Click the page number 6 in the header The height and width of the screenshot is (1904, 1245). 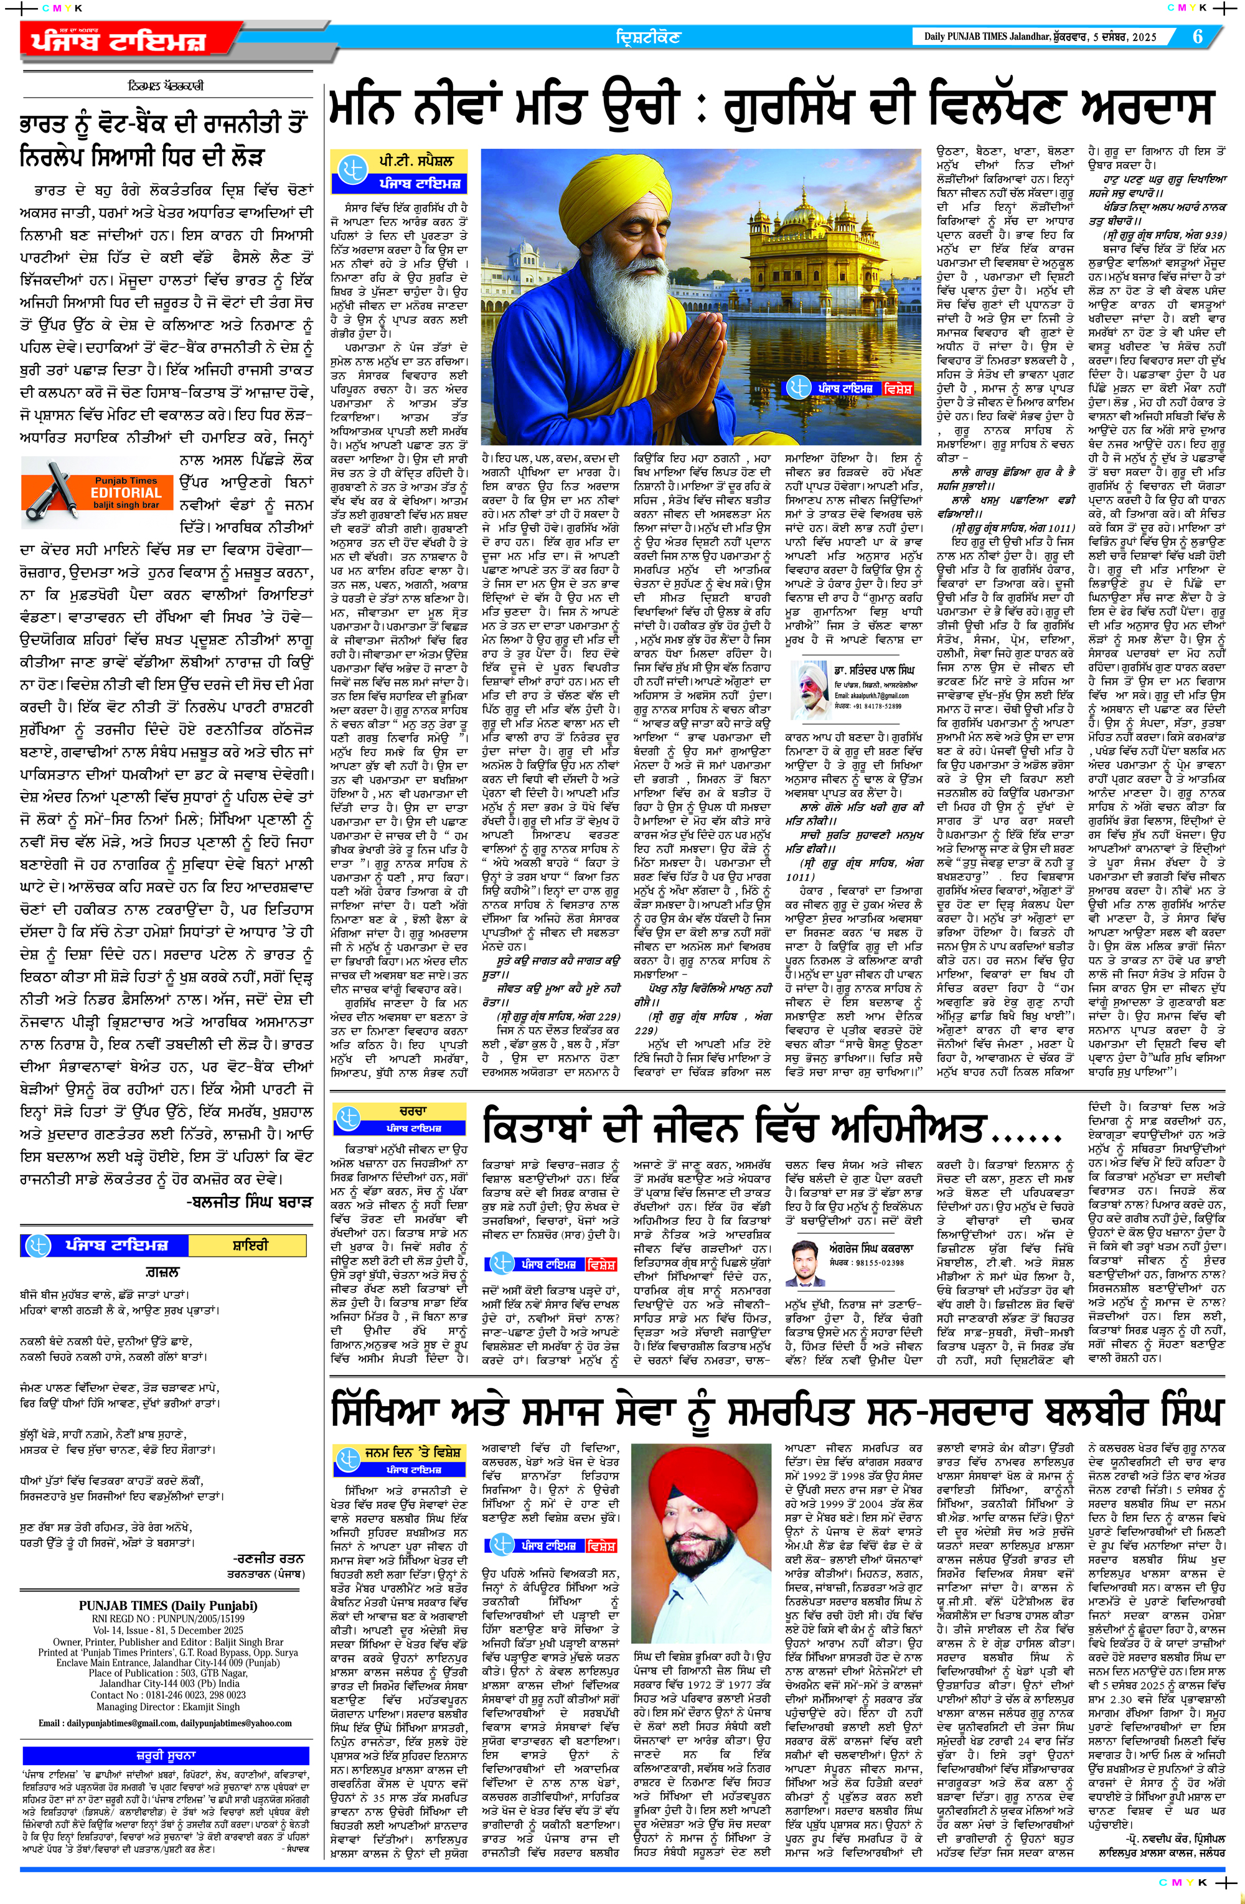[1197, 37]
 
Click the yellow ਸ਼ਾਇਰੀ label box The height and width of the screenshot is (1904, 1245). [250, 1245]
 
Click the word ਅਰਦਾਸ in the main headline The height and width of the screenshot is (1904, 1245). [1145, 106]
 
